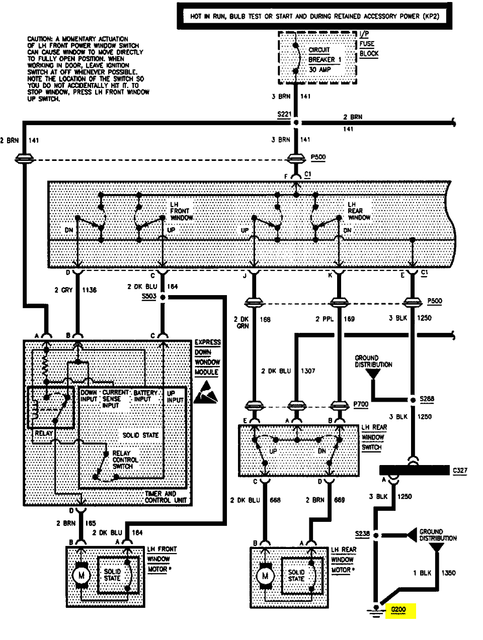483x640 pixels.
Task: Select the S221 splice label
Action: pyautogui.click(x=284, y=114)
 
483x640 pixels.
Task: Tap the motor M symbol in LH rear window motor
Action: pyautogui.click(x=265, y=575)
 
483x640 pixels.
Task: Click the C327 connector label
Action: pyautogui.click(x=460, y=471)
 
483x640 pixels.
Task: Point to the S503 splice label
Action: pyautogui.click(x=149, y=297)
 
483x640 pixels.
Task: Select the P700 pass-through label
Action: pyautogui.click(x=361, y=404)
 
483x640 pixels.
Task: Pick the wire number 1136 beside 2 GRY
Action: pyautogui.click(x=90, y=290)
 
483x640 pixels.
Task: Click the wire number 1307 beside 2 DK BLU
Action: pyautogui.click(x=308, y=371)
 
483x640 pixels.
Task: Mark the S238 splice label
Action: pyautogui.click(x=362, y=534)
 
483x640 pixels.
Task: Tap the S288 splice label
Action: pyautogui.click(x=427, y=399)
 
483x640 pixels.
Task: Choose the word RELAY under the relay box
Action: pyautogui.click(x=44, y=433)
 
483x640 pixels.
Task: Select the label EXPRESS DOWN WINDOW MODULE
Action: pyautogui.click(x=207, y=357)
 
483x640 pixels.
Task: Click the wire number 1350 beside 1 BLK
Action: pyautogui.click(x=448, y=573)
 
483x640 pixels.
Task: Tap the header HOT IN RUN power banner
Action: pyautogui.click(x=314, y=16)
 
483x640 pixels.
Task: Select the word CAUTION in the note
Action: pyautogui.click(x=39, y=39)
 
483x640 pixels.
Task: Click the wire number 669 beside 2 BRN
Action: pyautogui.click(x=339, y=500)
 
